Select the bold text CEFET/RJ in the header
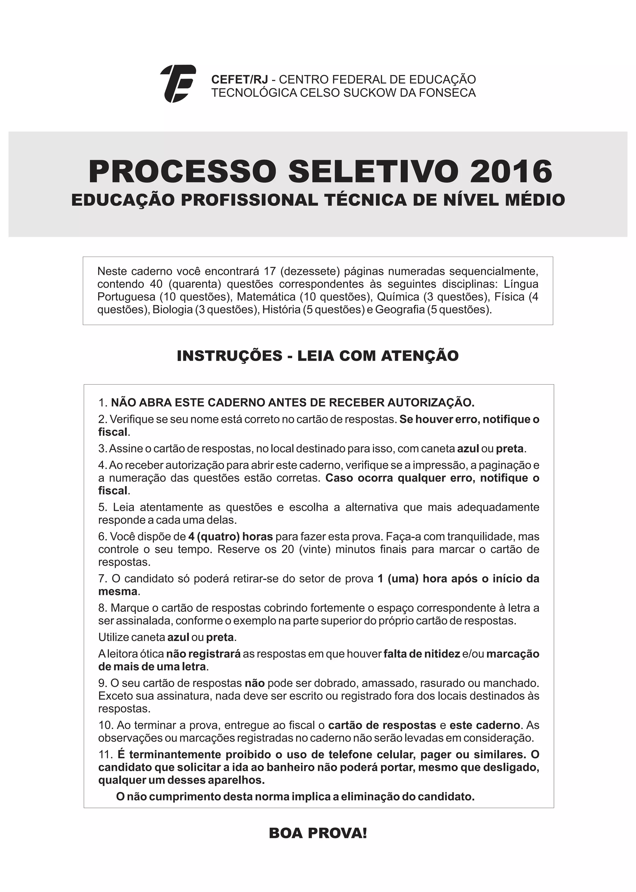point(239,80)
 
